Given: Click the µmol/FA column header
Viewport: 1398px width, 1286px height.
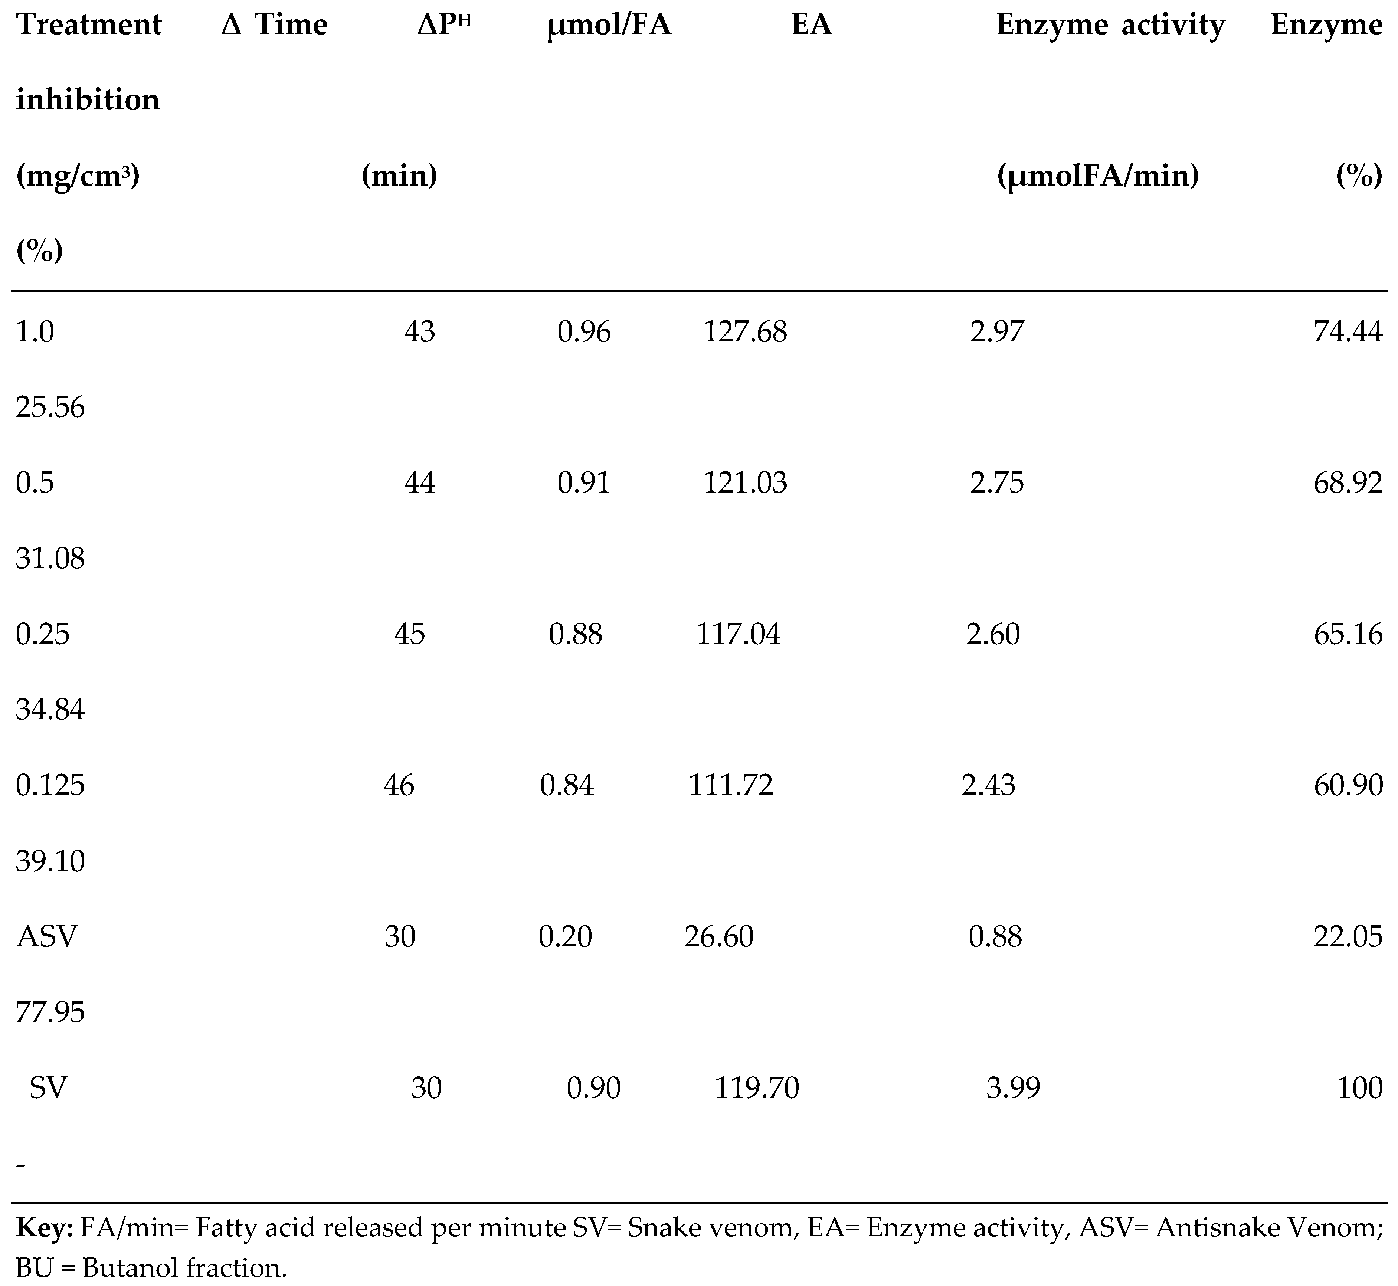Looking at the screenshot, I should click(609, 26).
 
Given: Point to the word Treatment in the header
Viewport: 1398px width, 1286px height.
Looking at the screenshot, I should click(88, 26).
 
